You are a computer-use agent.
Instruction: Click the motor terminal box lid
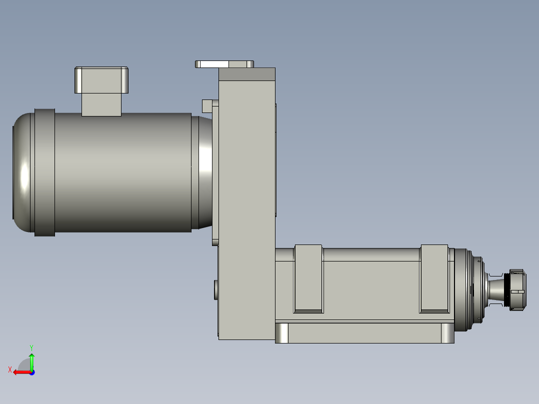pos(102,79)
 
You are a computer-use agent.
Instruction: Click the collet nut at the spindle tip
pos(517,289)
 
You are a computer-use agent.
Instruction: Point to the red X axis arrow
pos(20,372)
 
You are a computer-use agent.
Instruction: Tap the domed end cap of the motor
pos(22,172)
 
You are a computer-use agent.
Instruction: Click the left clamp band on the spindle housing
pos(308,278)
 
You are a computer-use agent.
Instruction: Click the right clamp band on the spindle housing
pos(434,278)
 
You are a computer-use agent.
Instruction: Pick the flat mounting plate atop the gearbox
pos(224,64)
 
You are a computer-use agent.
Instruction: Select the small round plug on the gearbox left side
pos(216,289)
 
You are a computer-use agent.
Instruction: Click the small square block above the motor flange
pos(207,106)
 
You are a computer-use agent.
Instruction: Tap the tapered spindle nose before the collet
pos(496,289)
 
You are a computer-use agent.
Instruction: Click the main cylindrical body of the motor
pos(122,172)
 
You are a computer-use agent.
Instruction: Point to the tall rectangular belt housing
pos(247,200)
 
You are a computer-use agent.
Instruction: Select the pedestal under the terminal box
pos(101,104)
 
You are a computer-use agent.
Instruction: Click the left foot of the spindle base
pos(282,333)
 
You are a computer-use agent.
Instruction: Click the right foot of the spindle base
pos(447,333)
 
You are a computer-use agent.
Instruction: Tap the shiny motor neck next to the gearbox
pos(204,172)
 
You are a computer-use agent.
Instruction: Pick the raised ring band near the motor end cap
pos(44,172)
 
